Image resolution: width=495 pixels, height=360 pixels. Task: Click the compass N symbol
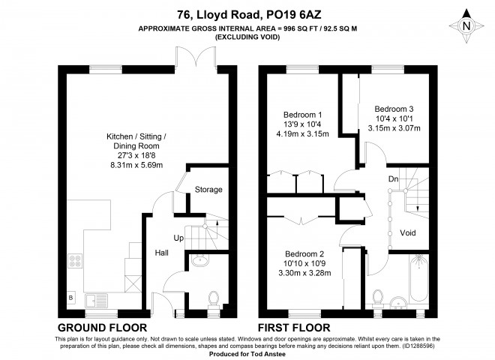pyautogui.click(x=466, y=26)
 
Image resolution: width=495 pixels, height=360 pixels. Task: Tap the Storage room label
pyautogui.click(x=208, y=190)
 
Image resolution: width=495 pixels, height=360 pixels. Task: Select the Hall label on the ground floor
pyautogui.click(x=162, y=253)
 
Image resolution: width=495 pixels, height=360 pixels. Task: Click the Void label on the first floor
pyautogui.click(x=408, y=233)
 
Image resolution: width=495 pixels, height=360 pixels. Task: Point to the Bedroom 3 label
pyautogui.click(x=394, y=109)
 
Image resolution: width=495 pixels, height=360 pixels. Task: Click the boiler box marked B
pyautogui.click(x=71, y=298)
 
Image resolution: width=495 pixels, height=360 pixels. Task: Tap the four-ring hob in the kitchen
pyautogui.click(x=76, y=261)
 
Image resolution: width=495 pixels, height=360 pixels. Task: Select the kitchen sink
pyautogui.click(x=96, y=300)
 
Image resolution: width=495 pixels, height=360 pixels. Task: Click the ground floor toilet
pyautogui.click(x=214, y=300)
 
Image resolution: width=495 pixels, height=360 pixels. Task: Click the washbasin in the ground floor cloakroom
pyautogui.click(x=199, y=260)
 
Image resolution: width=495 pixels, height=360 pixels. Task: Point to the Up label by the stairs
pyautogui.click(x=178, y=238)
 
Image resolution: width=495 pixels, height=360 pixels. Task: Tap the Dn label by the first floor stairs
pyautogui.click(x=393, y=179)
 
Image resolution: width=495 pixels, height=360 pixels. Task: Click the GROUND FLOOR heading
pyautogui.click(x=102, y=328)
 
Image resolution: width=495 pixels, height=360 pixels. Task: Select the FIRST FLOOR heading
pyautogui.click(x=294, y=328)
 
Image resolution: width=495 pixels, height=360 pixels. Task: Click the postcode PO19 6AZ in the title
pyautogui.click(x=294, y=15)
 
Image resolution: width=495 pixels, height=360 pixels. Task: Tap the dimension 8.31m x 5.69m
pyautogui.click(x=136, y=165)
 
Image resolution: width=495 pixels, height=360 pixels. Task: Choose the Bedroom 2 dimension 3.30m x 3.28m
pyautogui.click(x=304, y=273)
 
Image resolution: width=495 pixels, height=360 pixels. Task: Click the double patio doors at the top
pyautogui.click(x=196, y=58)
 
